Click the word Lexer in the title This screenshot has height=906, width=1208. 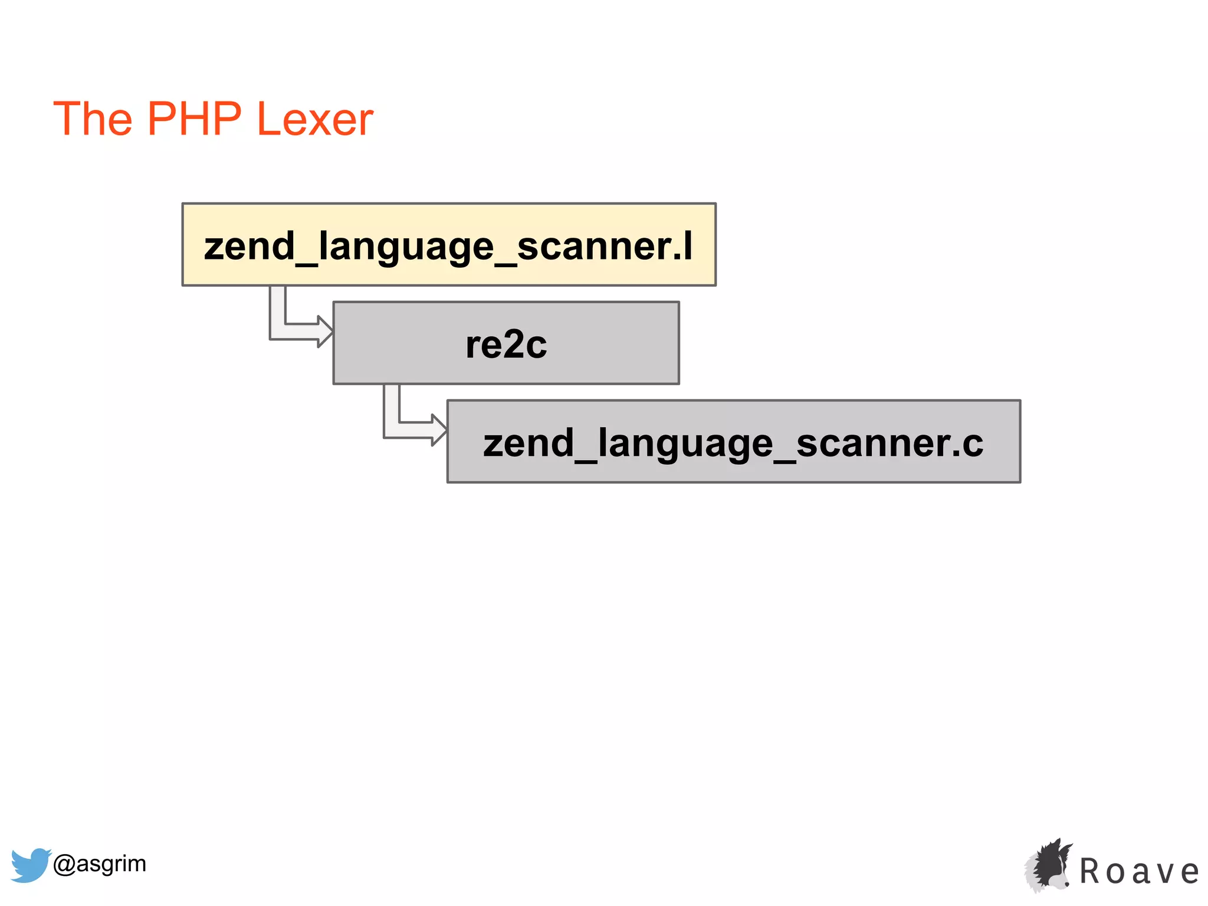pos(315,119)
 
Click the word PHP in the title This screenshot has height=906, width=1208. pos(194,119)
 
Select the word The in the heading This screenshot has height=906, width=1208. pos(93,119)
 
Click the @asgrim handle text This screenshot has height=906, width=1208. pos(99,864)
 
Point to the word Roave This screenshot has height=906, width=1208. pos(1139,871)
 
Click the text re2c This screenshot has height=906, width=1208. pos(506,344)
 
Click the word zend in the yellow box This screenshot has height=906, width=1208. pos(249,246)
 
